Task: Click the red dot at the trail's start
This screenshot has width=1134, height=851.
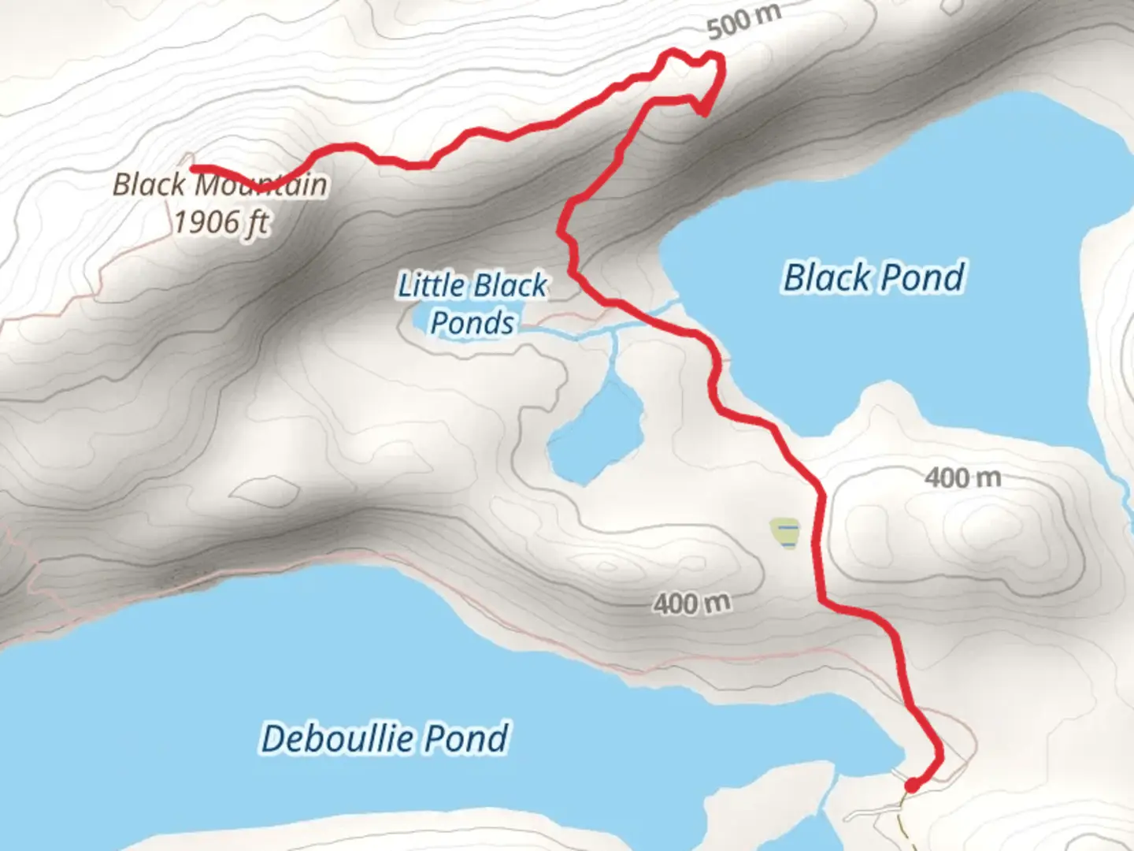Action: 911,785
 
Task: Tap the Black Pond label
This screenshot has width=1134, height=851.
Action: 873,277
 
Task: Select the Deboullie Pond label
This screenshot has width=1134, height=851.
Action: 384,738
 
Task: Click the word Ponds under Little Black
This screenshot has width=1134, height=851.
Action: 472,323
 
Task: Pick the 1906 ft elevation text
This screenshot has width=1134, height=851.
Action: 221,222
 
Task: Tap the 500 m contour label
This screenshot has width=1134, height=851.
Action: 743,22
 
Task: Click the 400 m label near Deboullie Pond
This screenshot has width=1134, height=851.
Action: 691,604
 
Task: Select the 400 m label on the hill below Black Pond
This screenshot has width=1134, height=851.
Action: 962,478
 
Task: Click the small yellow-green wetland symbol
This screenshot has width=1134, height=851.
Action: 785,533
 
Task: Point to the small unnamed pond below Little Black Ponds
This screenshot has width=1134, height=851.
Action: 595,433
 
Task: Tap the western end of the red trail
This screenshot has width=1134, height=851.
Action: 194,168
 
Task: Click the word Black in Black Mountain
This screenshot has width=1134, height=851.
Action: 150,185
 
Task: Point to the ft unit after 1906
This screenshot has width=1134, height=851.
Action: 258,222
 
